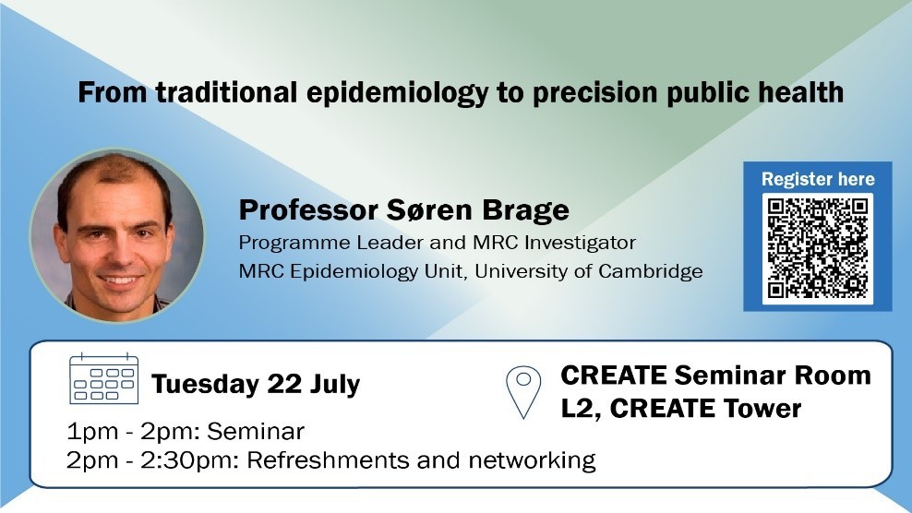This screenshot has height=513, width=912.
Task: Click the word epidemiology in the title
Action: (398, 94)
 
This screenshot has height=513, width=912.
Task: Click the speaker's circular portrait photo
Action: (117, 235)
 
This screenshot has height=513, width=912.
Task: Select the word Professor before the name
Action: (308, 210)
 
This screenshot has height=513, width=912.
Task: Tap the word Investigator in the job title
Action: (580, 243)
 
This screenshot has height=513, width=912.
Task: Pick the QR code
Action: (817, 248)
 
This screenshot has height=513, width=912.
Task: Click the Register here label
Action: (818, 179)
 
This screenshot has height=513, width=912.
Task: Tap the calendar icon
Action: (103, 378)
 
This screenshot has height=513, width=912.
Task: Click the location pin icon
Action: (523, 391)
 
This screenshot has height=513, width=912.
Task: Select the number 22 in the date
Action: (284, 384)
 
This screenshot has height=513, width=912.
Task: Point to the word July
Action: (336, 385)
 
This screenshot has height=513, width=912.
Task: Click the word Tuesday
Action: (205, 385)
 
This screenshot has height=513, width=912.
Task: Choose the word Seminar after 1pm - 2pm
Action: (256, 432)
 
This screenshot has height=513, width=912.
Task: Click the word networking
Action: (533, 460)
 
